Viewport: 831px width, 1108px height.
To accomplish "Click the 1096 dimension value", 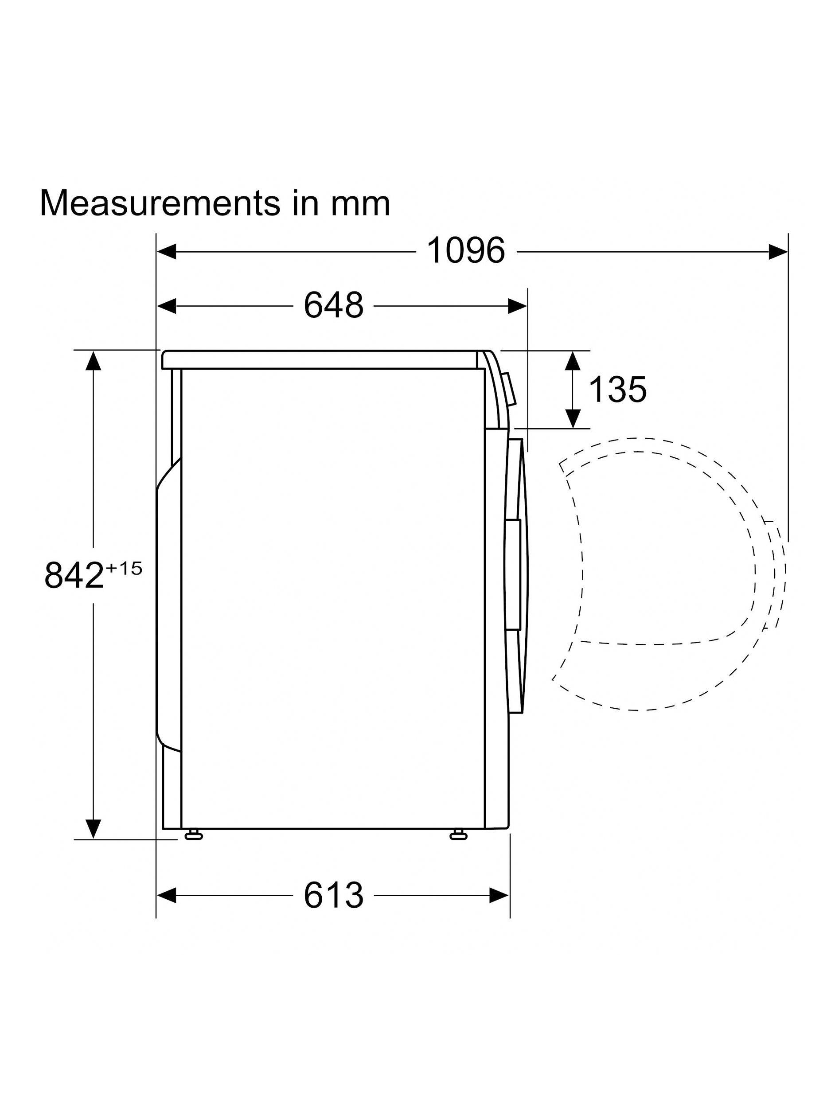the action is pos(465,251).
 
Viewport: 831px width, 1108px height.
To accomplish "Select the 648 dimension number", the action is pos(333,305).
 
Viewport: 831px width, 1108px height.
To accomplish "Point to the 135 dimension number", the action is pos(617,389).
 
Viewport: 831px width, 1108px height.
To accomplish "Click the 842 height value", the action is pos(74,576).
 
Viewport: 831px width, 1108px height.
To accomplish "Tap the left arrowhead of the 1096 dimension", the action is pos(167,251).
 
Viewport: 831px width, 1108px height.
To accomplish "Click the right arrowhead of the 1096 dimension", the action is pos(778,251).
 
